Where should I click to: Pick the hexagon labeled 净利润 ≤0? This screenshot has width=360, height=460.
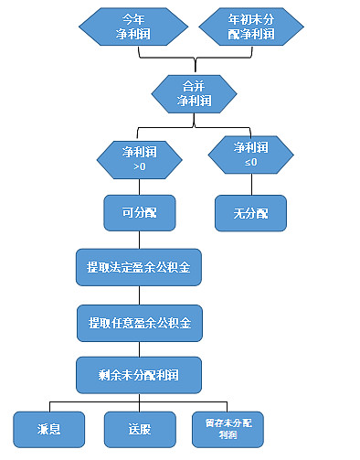pyautogui.click(x=250, y=154)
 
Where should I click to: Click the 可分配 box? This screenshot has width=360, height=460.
pyautogui.click(x=139, y=212)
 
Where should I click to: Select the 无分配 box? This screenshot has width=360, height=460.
pyautogui.click(x=250, y=212)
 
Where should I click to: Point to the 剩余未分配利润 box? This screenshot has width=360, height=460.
pyautogui.click(x=139, y=374)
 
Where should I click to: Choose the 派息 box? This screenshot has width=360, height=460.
pyautogui.click(x=49, y=427)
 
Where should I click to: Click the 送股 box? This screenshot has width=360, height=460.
pyautogui.click(x=139, y=427)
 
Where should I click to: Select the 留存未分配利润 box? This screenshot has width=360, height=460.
pyautogui.click(x=228, y=427)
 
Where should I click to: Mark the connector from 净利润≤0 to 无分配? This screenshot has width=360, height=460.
pyautogui.click(x=250, y=184)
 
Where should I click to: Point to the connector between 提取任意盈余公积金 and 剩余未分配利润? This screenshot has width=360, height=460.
pyautogui.click(x=139, y=348)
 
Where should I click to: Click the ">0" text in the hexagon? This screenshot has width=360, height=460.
pyautogui.click(x=139, y=167)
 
